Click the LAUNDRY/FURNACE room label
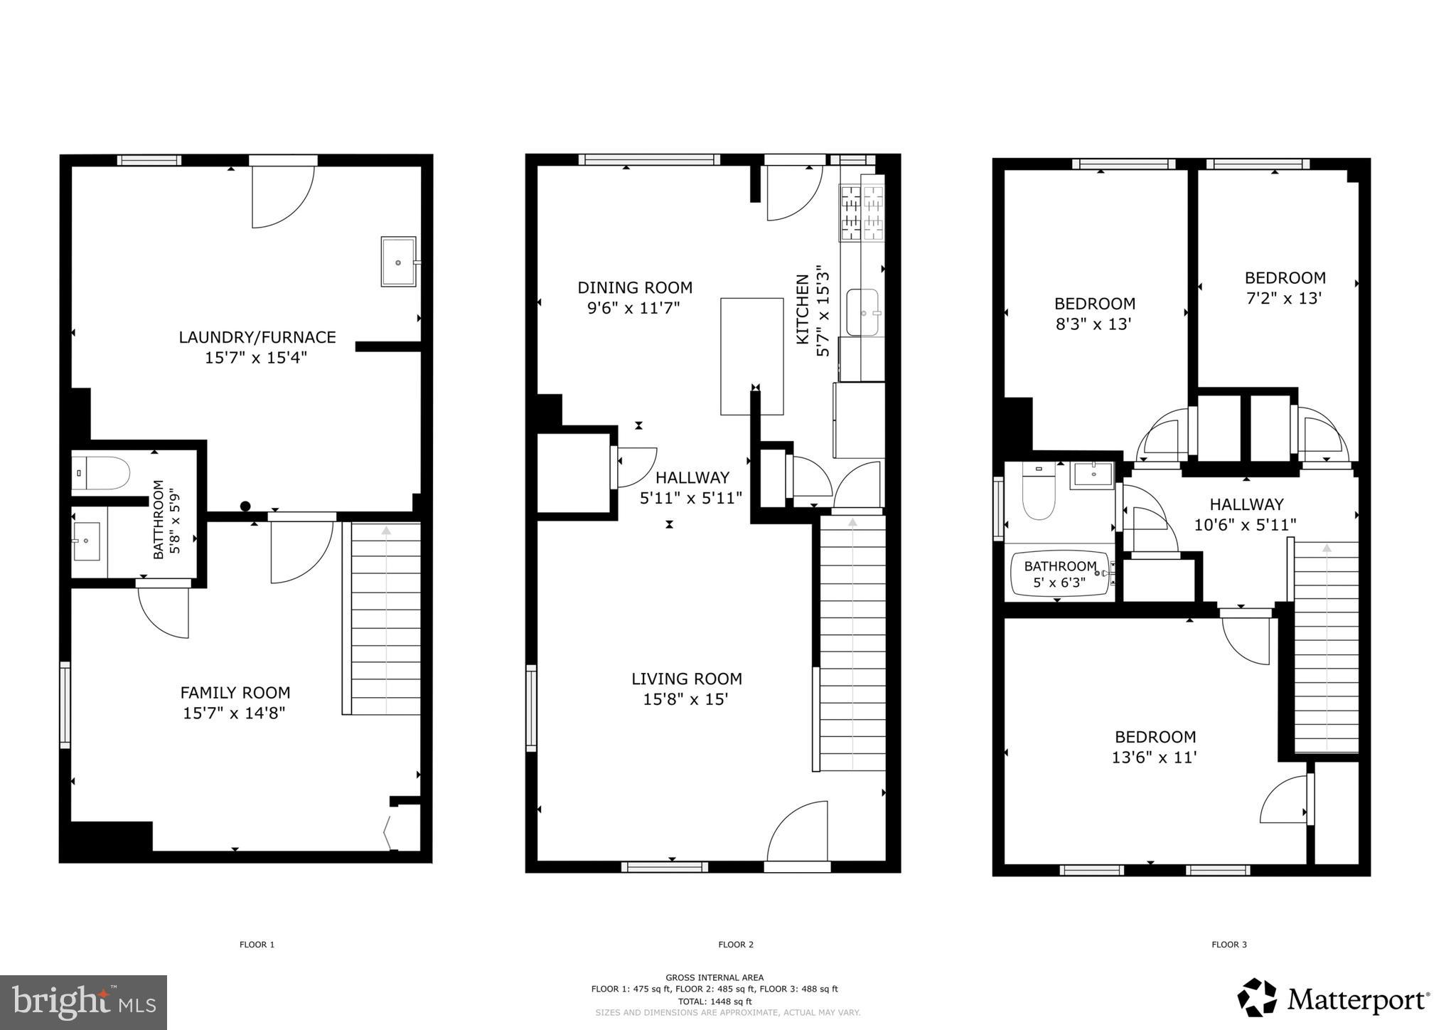pos(257,337)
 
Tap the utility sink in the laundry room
pos(398,262)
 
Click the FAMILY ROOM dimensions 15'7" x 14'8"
pos(234,713)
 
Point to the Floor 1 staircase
pos(385,619)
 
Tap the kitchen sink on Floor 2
pos(863,312)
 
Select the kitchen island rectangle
pos(751,356)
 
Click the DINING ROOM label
pos(634,287)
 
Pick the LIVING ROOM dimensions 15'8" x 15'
pos(685,699)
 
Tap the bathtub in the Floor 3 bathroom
pos(1059,574)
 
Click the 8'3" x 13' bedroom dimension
pos(1093,324)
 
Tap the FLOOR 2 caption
pos(735,945)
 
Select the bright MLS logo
pos(83,1002)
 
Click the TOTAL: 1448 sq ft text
pos(714,1001)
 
